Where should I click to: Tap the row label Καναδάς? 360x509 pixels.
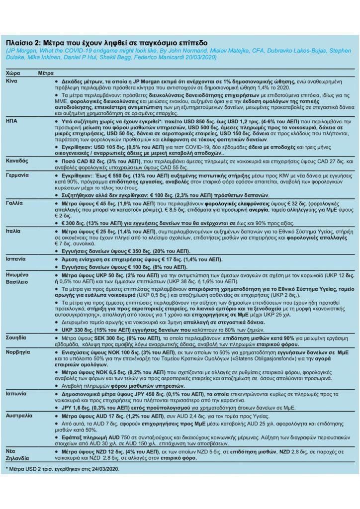tap(17, 162)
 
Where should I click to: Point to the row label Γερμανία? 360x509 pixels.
tap(18, 176)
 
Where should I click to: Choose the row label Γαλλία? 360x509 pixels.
tap(15, 204)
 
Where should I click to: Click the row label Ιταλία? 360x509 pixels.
tap(14, 232)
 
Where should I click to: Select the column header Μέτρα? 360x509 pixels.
tap(46, 73)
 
